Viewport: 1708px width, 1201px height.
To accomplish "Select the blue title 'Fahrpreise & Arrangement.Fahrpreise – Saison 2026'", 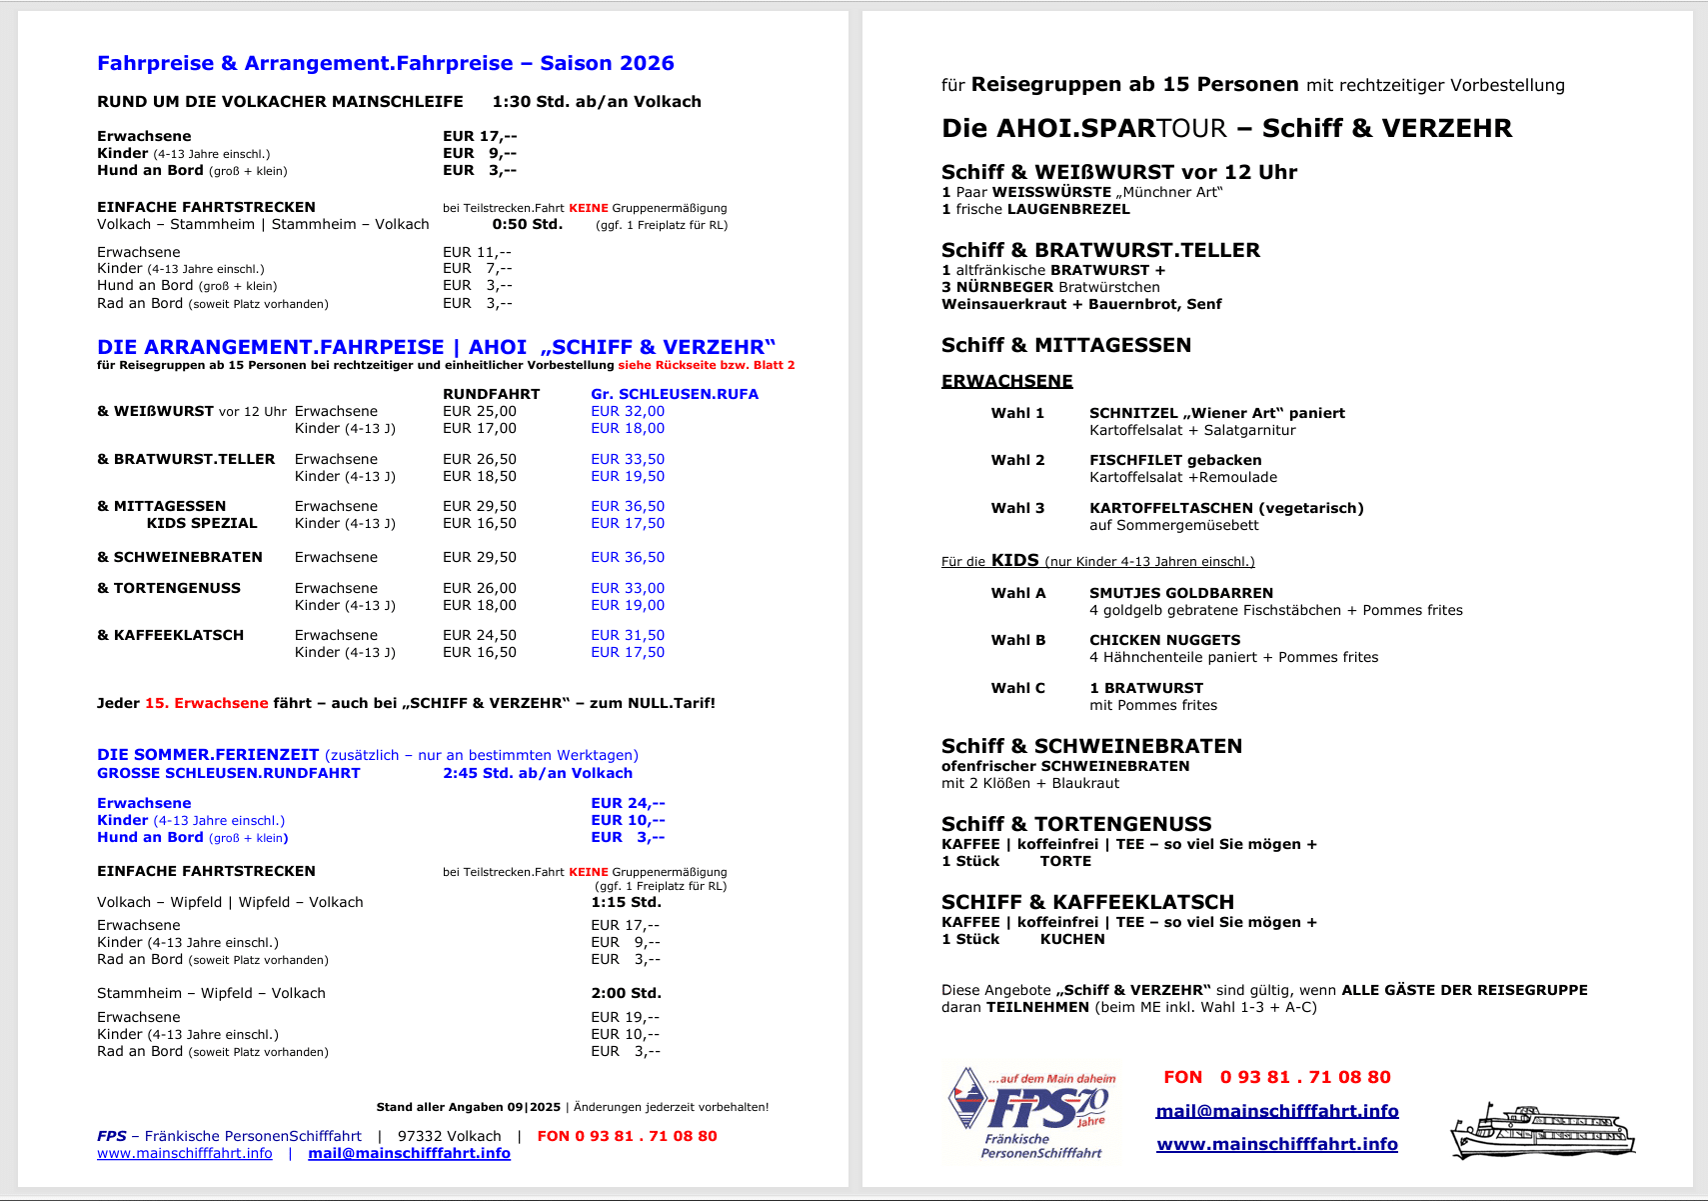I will [x=385, y=63].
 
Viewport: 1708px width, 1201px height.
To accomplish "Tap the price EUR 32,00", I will [x=627, y=411].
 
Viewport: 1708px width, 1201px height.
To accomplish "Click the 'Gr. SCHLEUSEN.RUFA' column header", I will [x=674, y=394].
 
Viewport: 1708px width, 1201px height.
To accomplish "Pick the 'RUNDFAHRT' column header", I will [x=491, y=394].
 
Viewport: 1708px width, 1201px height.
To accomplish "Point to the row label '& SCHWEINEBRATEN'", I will [x=180, y=557].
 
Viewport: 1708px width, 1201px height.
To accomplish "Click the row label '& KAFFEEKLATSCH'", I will [x=171, y=635].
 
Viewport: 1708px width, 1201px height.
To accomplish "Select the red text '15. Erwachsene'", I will [x=207, y=703].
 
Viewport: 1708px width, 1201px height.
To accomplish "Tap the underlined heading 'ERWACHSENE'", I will [x=1006, y=381].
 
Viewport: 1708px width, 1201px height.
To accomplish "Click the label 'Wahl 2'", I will [x=1017, y=460].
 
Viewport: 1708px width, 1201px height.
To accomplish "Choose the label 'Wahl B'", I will [x=1017, y=640].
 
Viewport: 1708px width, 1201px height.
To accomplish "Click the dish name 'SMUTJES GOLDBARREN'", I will [x=1180, y=593].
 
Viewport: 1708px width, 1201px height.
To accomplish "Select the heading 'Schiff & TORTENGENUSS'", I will [x=1076, y=824].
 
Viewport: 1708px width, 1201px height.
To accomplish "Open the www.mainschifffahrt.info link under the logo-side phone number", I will [x=1276, y=1144].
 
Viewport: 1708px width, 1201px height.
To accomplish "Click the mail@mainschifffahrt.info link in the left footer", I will [x=409, y=1153].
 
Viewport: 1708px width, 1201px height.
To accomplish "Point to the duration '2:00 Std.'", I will [x=626, y=993].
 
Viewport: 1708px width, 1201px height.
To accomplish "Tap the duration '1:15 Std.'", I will [x=626, y=902].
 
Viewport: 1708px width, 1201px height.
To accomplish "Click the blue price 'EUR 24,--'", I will [x=627, y=803].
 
